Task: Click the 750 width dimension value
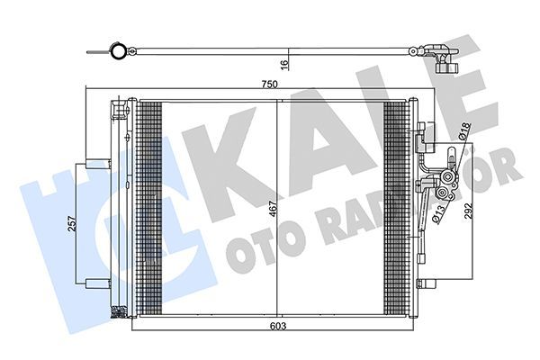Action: [271, 85]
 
